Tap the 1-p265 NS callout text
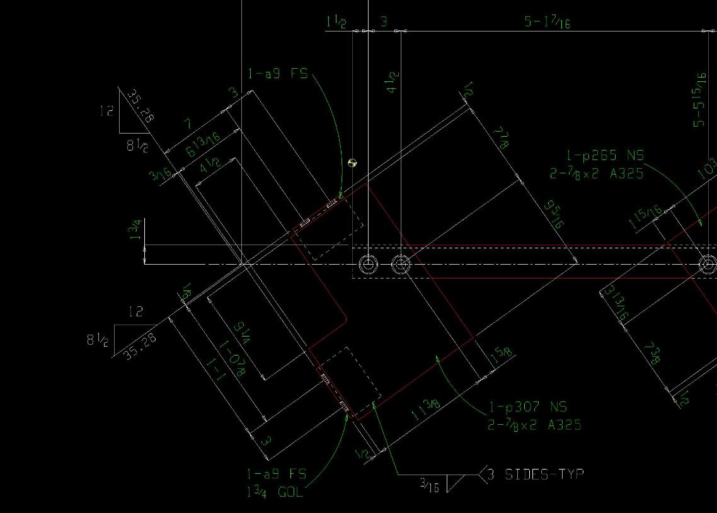(x=605, y=156)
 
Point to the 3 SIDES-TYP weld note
(x=544, y=474)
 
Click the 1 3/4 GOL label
(x=275, y=492)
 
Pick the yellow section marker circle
(x=352, y=163)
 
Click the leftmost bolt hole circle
(x=368, y=263)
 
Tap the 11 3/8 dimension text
(x=425, y=412)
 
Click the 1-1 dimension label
(x=215, y=369)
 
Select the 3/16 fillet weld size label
(x=430, y=484)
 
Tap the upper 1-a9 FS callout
(x=278, y=74)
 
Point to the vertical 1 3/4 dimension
(x=135, y=231)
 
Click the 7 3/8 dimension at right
(x=651, y=353)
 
